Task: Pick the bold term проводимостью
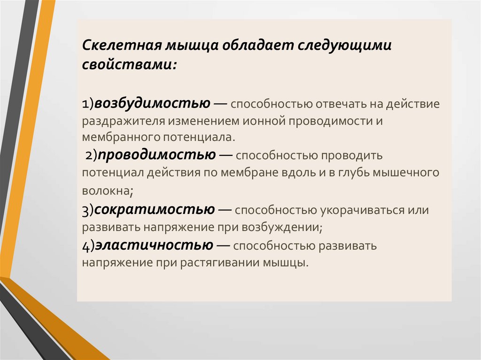coord(157,154)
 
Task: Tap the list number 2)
coord(91,155)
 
